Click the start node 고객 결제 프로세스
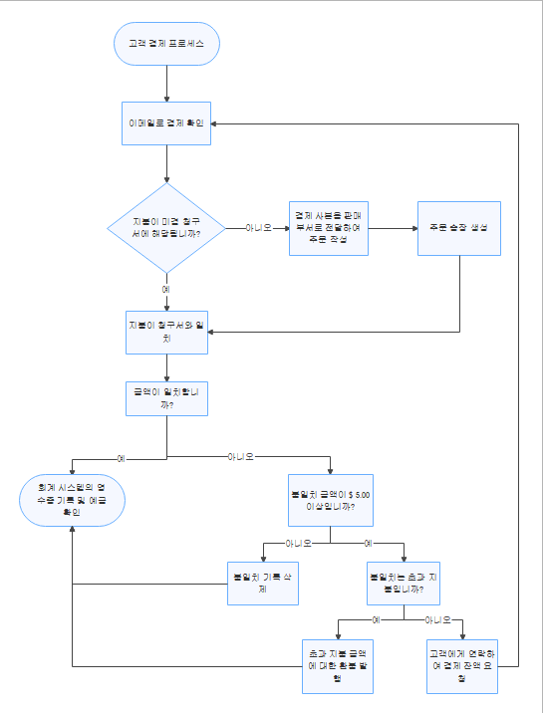[166, 44]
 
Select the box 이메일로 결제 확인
[166, 123]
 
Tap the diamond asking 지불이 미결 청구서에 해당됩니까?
[166, 227]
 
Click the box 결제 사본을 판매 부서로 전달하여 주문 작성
[330, 227]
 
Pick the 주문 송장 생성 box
[458, 228]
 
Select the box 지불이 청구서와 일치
[166, 333]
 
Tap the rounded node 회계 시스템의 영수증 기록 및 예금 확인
[73, 499]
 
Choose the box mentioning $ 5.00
[330, 499]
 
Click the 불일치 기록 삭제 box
[263, 583]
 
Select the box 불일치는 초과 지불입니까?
[405, 583]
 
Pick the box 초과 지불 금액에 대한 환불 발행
[338, 665]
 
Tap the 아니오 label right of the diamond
[259, 227]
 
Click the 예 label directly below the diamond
[166, 288]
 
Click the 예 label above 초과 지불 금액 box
[377, 618]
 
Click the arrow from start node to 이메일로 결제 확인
[166, 83]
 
